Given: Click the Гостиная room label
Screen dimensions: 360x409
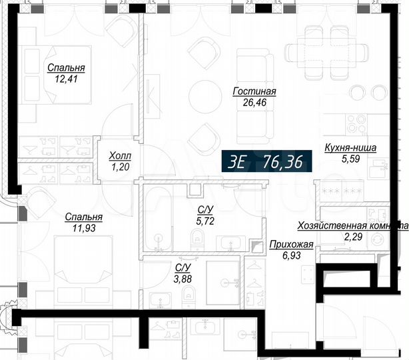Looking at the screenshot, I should (x=254, y=92).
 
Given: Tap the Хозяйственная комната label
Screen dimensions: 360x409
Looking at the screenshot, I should (x=352, y=225).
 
